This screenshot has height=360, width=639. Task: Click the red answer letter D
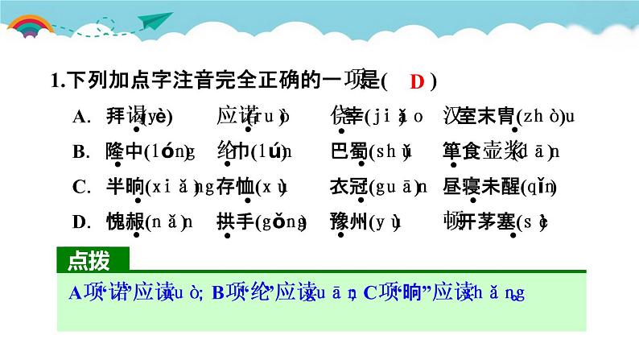pyautogui.click(x=416, y=81)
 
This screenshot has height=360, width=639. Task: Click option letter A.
pyautogui.click(x=79, y=117)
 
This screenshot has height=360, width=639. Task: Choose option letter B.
pyautogui.click(x=79, y=151)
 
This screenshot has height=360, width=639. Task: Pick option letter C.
pyautogui.click(x=79, y=187)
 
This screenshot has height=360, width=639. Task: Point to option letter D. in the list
pyautogui.click(x=79, y=222)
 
